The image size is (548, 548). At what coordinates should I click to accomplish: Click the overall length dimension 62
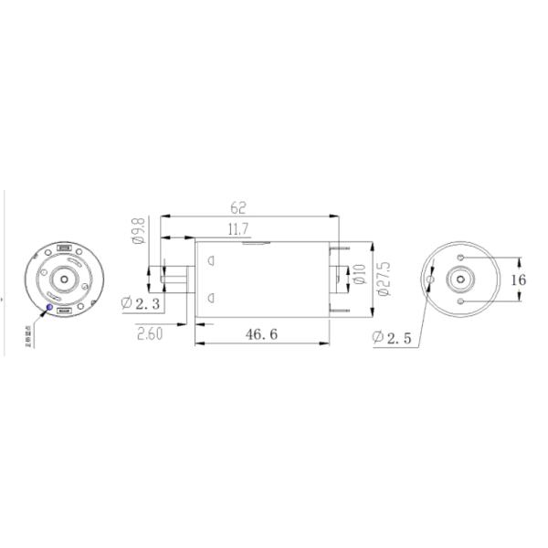tap(240, 208)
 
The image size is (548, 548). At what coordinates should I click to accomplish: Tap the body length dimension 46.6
tap(261, 334)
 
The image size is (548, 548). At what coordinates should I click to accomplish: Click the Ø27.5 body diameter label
tap(384, 279)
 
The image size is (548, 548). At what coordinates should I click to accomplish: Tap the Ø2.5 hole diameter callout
tap(392, 338)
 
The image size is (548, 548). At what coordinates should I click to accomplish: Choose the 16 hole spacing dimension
tap(519, 279)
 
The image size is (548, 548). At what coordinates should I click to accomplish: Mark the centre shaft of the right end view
tap(463, 279)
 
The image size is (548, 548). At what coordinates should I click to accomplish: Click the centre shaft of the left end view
tap(65, 278)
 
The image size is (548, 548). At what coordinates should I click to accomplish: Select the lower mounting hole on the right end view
tap(463, 300)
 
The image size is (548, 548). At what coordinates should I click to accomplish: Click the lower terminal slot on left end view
tap(64, 311)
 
